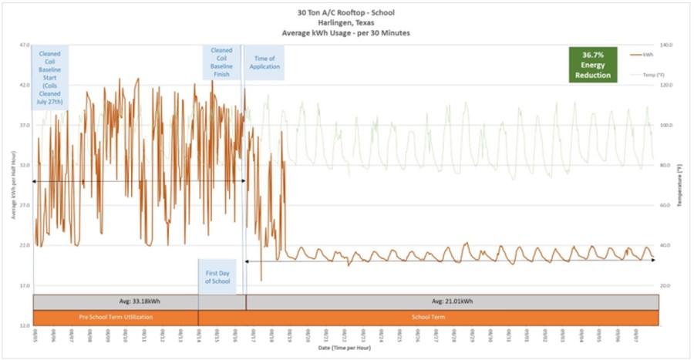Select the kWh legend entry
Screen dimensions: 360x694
tap(642, 55)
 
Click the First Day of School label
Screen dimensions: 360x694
tap(218, 277)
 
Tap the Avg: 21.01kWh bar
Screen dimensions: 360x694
tap(452, 301)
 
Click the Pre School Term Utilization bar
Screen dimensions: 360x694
tap(116, 318)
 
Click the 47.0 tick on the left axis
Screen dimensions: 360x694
tap(24, 45)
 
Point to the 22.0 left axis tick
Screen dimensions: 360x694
tap(24, 245)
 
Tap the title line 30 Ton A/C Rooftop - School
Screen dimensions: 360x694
tap(347, 12)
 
